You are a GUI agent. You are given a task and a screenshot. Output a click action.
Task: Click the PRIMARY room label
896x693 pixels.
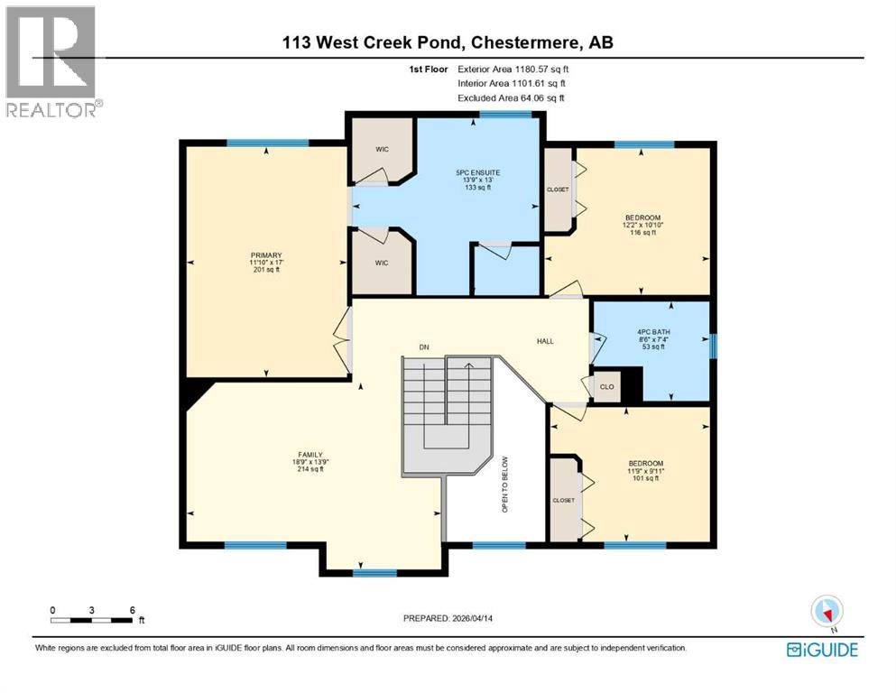click(x=266, y=255)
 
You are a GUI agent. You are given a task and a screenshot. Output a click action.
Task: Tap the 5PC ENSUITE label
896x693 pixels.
click(x=477, y=171)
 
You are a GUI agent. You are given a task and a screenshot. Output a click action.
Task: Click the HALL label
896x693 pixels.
click(x=545, y=341)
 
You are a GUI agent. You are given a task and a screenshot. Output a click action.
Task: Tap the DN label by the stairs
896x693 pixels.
click(x=423, y=346)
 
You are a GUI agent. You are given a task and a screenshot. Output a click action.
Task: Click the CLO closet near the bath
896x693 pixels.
click(x=607, y=388)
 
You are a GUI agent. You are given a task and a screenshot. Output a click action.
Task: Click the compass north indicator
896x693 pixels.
click(x=827, y=611)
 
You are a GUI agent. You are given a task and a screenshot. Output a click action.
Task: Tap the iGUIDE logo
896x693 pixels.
click(x=822, y=650)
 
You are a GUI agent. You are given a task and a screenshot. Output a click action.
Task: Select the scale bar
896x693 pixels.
click(x=93, y=620)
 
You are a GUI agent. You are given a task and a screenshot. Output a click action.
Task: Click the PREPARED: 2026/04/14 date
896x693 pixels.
click(x=448, y=618)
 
